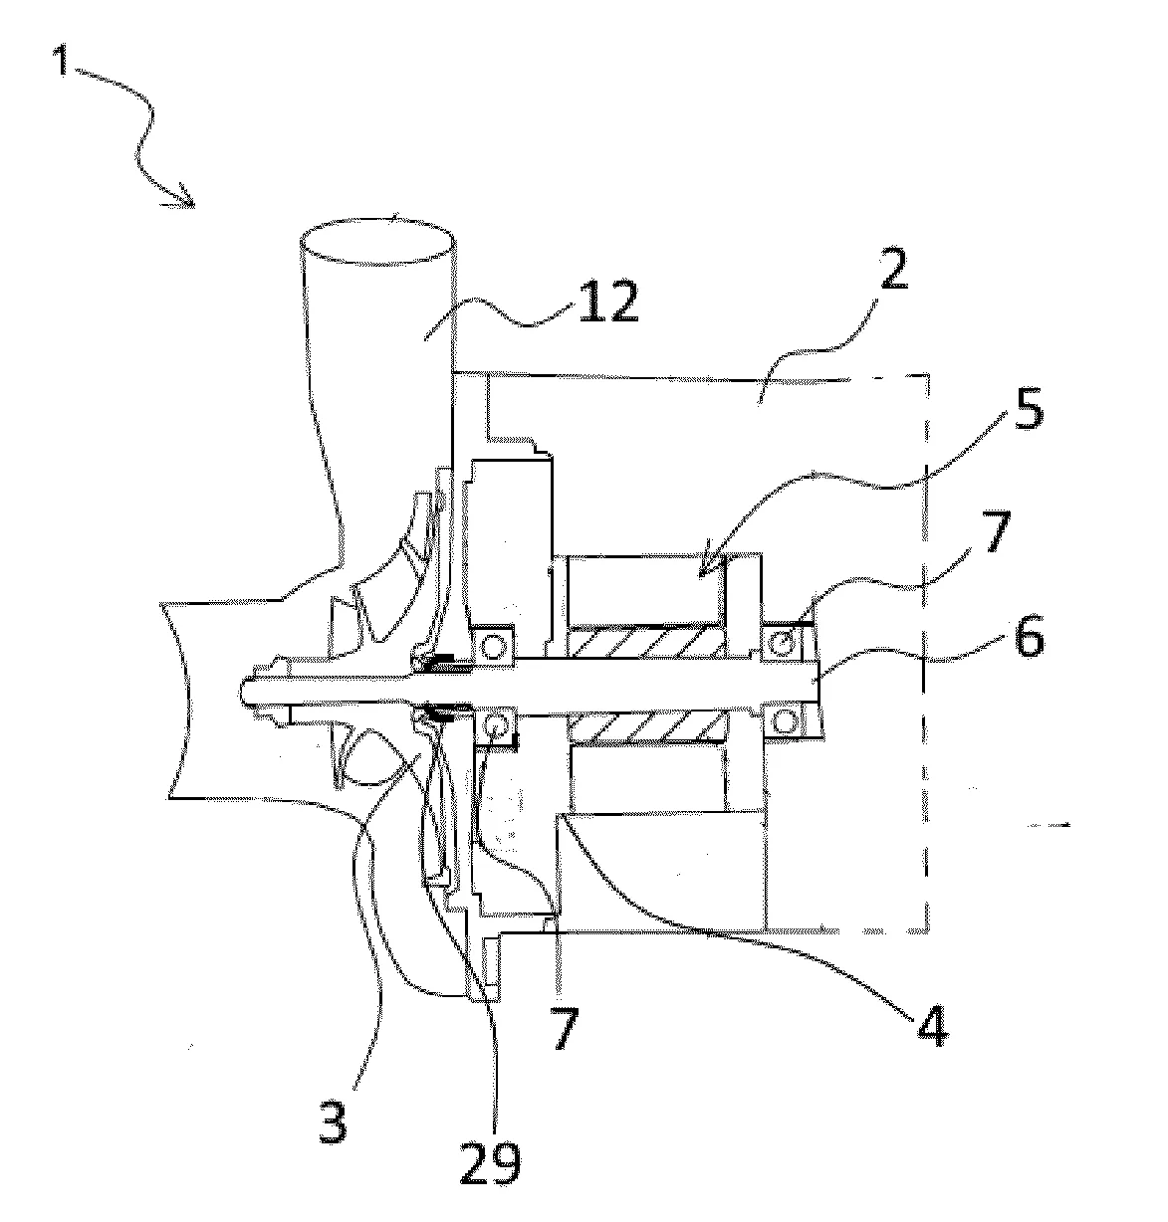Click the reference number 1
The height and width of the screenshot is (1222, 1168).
click(x=61, y=62)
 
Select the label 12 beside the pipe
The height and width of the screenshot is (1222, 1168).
click(x=607, y=303)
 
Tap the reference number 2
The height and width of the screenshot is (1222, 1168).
click(x=893, y=268)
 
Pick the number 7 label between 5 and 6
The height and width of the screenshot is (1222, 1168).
click(x=994, y=531)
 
